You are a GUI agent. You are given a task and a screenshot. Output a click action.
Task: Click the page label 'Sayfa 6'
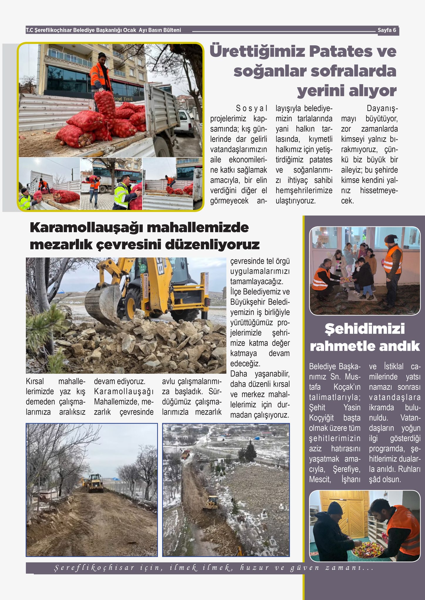pyautogui.click(x=387, y=30)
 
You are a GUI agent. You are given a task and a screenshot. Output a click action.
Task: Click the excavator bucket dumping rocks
pyautogui.click(x=103, y=305)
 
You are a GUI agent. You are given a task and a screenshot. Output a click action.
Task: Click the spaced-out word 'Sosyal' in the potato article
pyautogui.click(x=252, y=109)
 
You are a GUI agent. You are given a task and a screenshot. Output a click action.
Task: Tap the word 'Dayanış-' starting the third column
pyautogui.click(x=382, y=109)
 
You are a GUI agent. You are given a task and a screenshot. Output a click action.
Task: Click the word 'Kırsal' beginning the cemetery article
pyautogui.click(x=35, y=381)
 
